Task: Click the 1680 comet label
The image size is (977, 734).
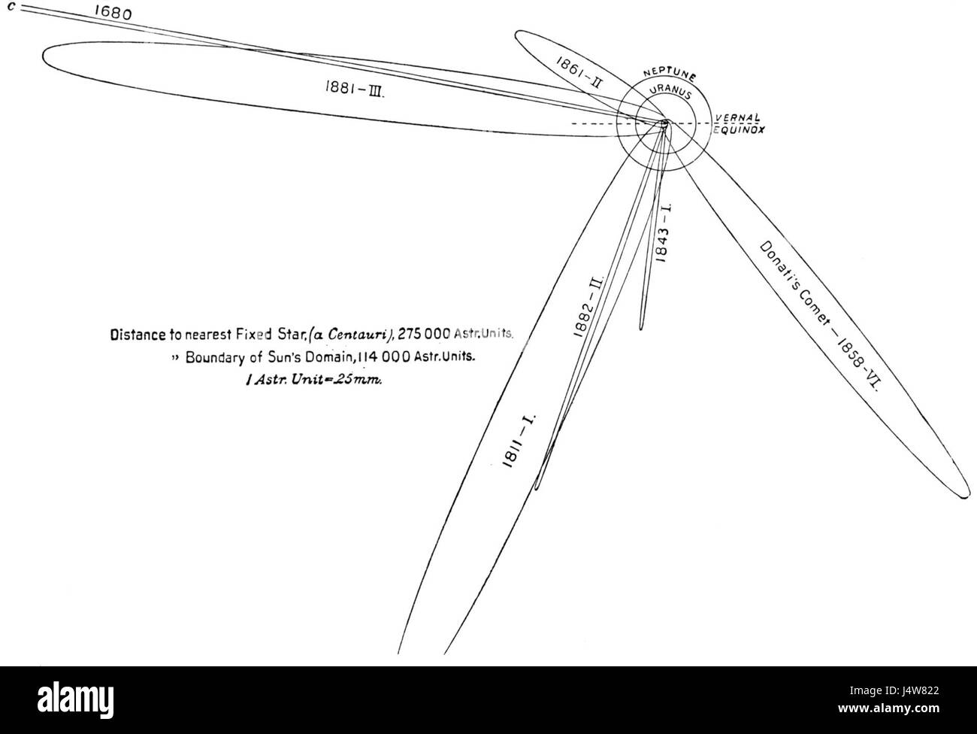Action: [x=113, y=13]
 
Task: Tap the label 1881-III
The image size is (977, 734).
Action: [x=354, y=89]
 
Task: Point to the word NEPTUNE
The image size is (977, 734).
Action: [x=670, y=75]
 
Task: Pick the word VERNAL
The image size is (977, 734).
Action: [x=737, y=118]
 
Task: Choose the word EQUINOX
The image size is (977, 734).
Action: [x=739, y=129]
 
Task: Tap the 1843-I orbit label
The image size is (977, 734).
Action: [x=662, y=233]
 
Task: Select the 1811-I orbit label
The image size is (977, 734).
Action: [x=519, y=441]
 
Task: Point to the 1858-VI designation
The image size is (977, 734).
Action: [x=858, y=364]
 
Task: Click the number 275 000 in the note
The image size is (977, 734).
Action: [x=424, y=334]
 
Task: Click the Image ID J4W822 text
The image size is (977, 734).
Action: [x=894, y=691]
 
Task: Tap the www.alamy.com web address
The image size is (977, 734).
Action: [x=889, y=708]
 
